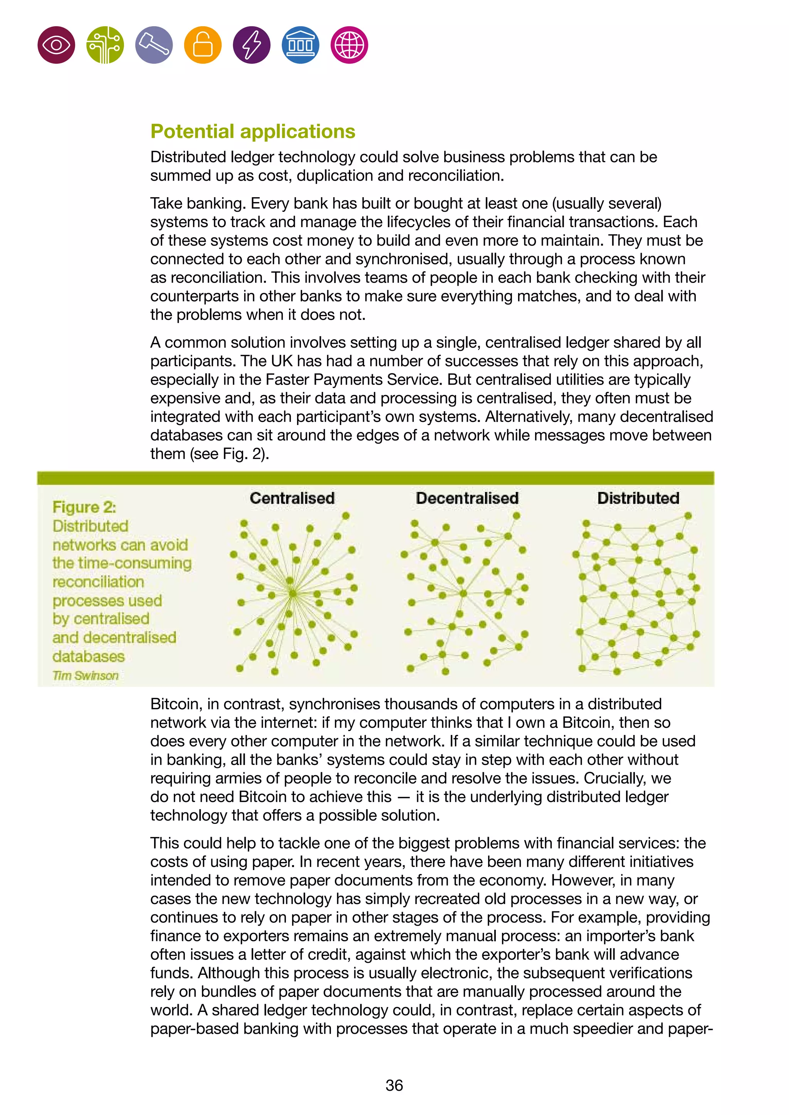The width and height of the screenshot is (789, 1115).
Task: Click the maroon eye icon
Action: pyautogui.click(x=56, y=45)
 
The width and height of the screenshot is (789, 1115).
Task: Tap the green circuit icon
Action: pyautogui.click(x=105, y=45)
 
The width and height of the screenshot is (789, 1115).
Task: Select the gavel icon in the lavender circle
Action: pyautogui.click(x=154, y=45)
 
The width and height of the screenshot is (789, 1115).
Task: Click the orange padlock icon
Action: pyautogui.click(x=203, y=45)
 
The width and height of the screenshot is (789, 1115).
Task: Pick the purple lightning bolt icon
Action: pyautogui.click(x=252, y=45)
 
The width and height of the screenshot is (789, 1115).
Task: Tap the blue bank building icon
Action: pyautogui.click(x=300, y=45)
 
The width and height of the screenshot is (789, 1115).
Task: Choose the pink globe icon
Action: pyautogui.click(x=349, y=45)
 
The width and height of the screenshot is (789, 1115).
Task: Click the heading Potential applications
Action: pyautogui.click(x=253, y=132)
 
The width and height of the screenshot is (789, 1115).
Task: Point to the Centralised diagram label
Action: pyautogui.click(x=292, y=498)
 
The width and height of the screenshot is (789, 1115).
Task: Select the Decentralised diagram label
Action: pyautogui.click(x=467, y=498)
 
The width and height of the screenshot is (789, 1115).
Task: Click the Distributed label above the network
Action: pyautogui.click(x=638, y=498)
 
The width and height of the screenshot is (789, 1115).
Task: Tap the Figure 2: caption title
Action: pyautogui.click(x=84, y=507)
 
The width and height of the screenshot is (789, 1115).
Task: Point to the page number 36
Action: pyautogui.click(x=394, y=1085)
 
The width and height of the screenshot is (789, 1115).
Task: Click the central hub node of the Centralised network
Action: pyautogui.click(x=292, y=593)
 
